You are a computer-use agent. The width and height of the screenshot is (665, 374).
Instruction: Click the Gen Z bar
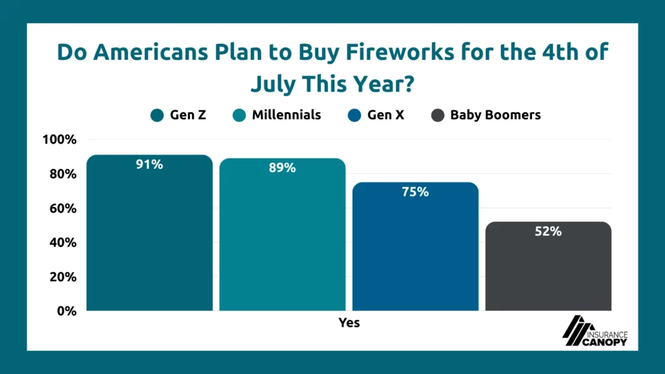[149, 233]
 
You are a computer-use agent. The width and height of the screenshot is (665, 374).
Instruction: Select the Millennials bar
[282, 234]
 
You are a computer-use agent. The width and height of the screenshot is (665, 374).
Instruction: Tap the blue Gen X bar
[415, 246]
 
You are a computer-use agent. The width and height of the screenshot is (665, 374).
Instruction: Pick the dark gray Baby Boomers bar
[548, 266]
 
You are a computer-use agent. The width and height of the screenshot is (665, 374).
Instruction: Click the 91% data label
[149, 164]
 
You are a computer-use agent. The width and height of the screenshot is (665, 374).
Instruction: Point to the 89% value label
[282, 168]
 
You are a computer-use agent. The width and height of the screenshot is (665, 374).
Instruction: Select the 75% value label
[415, 192]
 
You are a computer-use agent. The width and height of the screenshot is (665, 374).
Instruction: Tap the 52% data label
[548, 232]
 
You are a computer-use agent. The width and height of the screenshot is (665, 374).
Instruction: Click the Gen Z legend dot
[157, 116]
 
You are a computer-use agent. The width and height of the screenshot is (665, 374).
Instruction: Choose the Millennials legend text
[286, 115]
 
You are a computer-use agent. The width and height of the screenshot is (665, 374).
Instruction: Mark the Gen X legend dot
[354, 116]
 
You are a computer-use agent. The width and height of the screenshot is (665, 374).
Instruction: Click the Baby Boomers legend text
[496, 115]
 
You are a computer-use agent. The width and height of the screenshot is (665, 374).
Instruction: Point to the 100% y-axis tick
[59, 140]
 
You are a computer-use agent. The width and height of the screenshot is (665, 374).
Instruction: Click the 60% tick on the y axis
[63, 208]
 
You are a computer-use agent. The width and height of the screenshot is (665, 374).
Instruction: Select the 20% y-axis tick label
[63, 277]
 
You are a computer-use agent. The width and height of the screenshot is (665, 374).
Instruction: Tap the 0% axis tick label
[67, 311]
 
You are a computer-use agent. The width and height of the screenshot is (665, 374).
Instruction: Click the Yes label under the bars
[349, 323]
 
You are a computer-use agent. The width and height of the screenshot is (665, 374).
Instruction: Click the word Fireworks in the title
[400, 52]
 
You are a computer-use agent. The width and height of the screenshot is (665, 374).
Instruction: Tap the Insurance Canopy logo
[595, 330]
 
